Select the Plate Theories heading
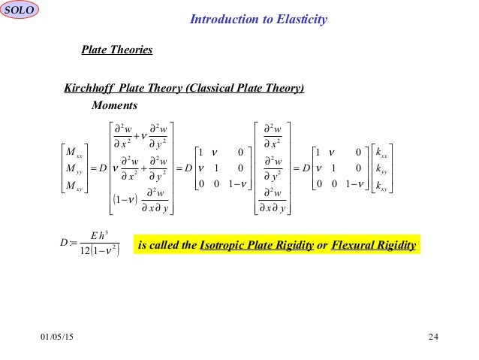click(116, 50)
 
